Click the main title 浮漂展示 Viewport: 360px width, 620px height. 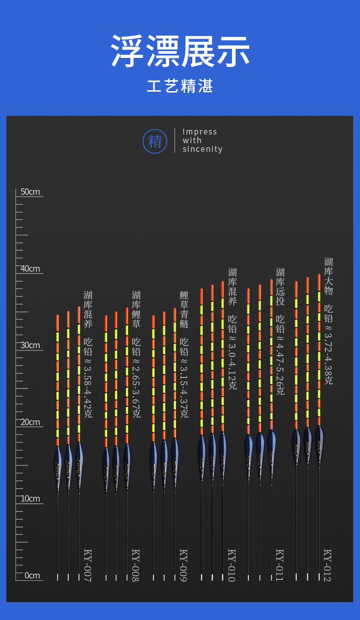pyautogui.click(x=180, y=51)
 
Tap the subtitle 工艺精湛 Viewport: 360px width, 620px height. pyautogui.click(x=180, y=86)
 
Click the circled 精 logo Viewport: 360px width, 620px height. pyautogui.click(x=155, y=141)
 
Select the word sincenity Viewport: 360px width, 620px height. pyautogui.click(x=202, y=149)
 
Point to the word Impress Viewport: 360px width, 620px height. pyautogui.click(x=200, y=132)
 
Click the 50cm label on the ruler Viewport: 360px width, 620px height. pyautogui.click(x=30, y=191)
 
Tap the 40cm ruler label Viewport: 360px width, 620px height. pyautogui.click(x=30, y=269)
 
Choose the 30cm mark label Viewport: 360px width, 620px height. pyautogui.click(x=30, y=345)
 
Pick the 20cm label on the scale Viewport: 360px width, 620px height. pyautogui.click(x=30, y=422)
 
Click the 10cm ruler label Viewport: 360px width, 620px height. pyautogui.click(x=30, y=499)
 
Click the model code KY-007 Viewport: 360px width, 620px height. pyautogui.click(x=88, y=565)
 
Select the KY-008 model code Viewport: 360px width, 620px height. pyautogui.click(x=136, y=565)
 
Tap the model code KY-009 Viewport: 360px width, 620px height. pyautogui.click(x=184, y=565)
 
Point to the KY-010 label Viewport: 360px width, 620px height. pyautogui.click(x=232, y=565)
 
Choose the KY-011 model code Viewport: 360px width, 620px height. pyautogui.click(x=280, y=565)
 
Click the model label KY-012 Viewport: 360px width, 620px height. pyautogui.click(x=328, y=565)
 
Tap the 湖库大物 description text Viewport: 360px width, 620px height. pyautogui.click(x=329, y=276)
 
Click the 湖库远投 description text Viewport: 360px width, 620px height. pyautogui.click(x=280, y=287)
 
